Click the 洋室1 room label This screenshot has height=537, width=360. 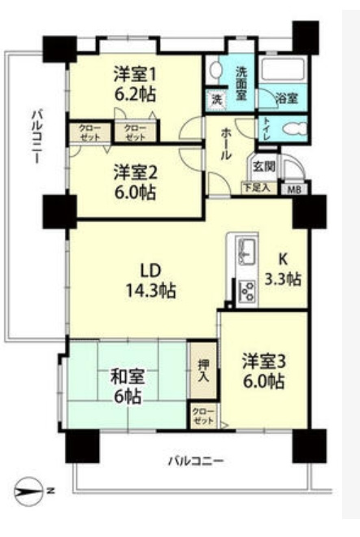click(134, 72)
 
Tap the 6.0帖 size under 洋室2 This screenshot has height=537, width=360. click(134, 193)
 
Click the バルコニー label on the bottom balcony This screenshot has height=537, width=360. click(195, 461)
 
